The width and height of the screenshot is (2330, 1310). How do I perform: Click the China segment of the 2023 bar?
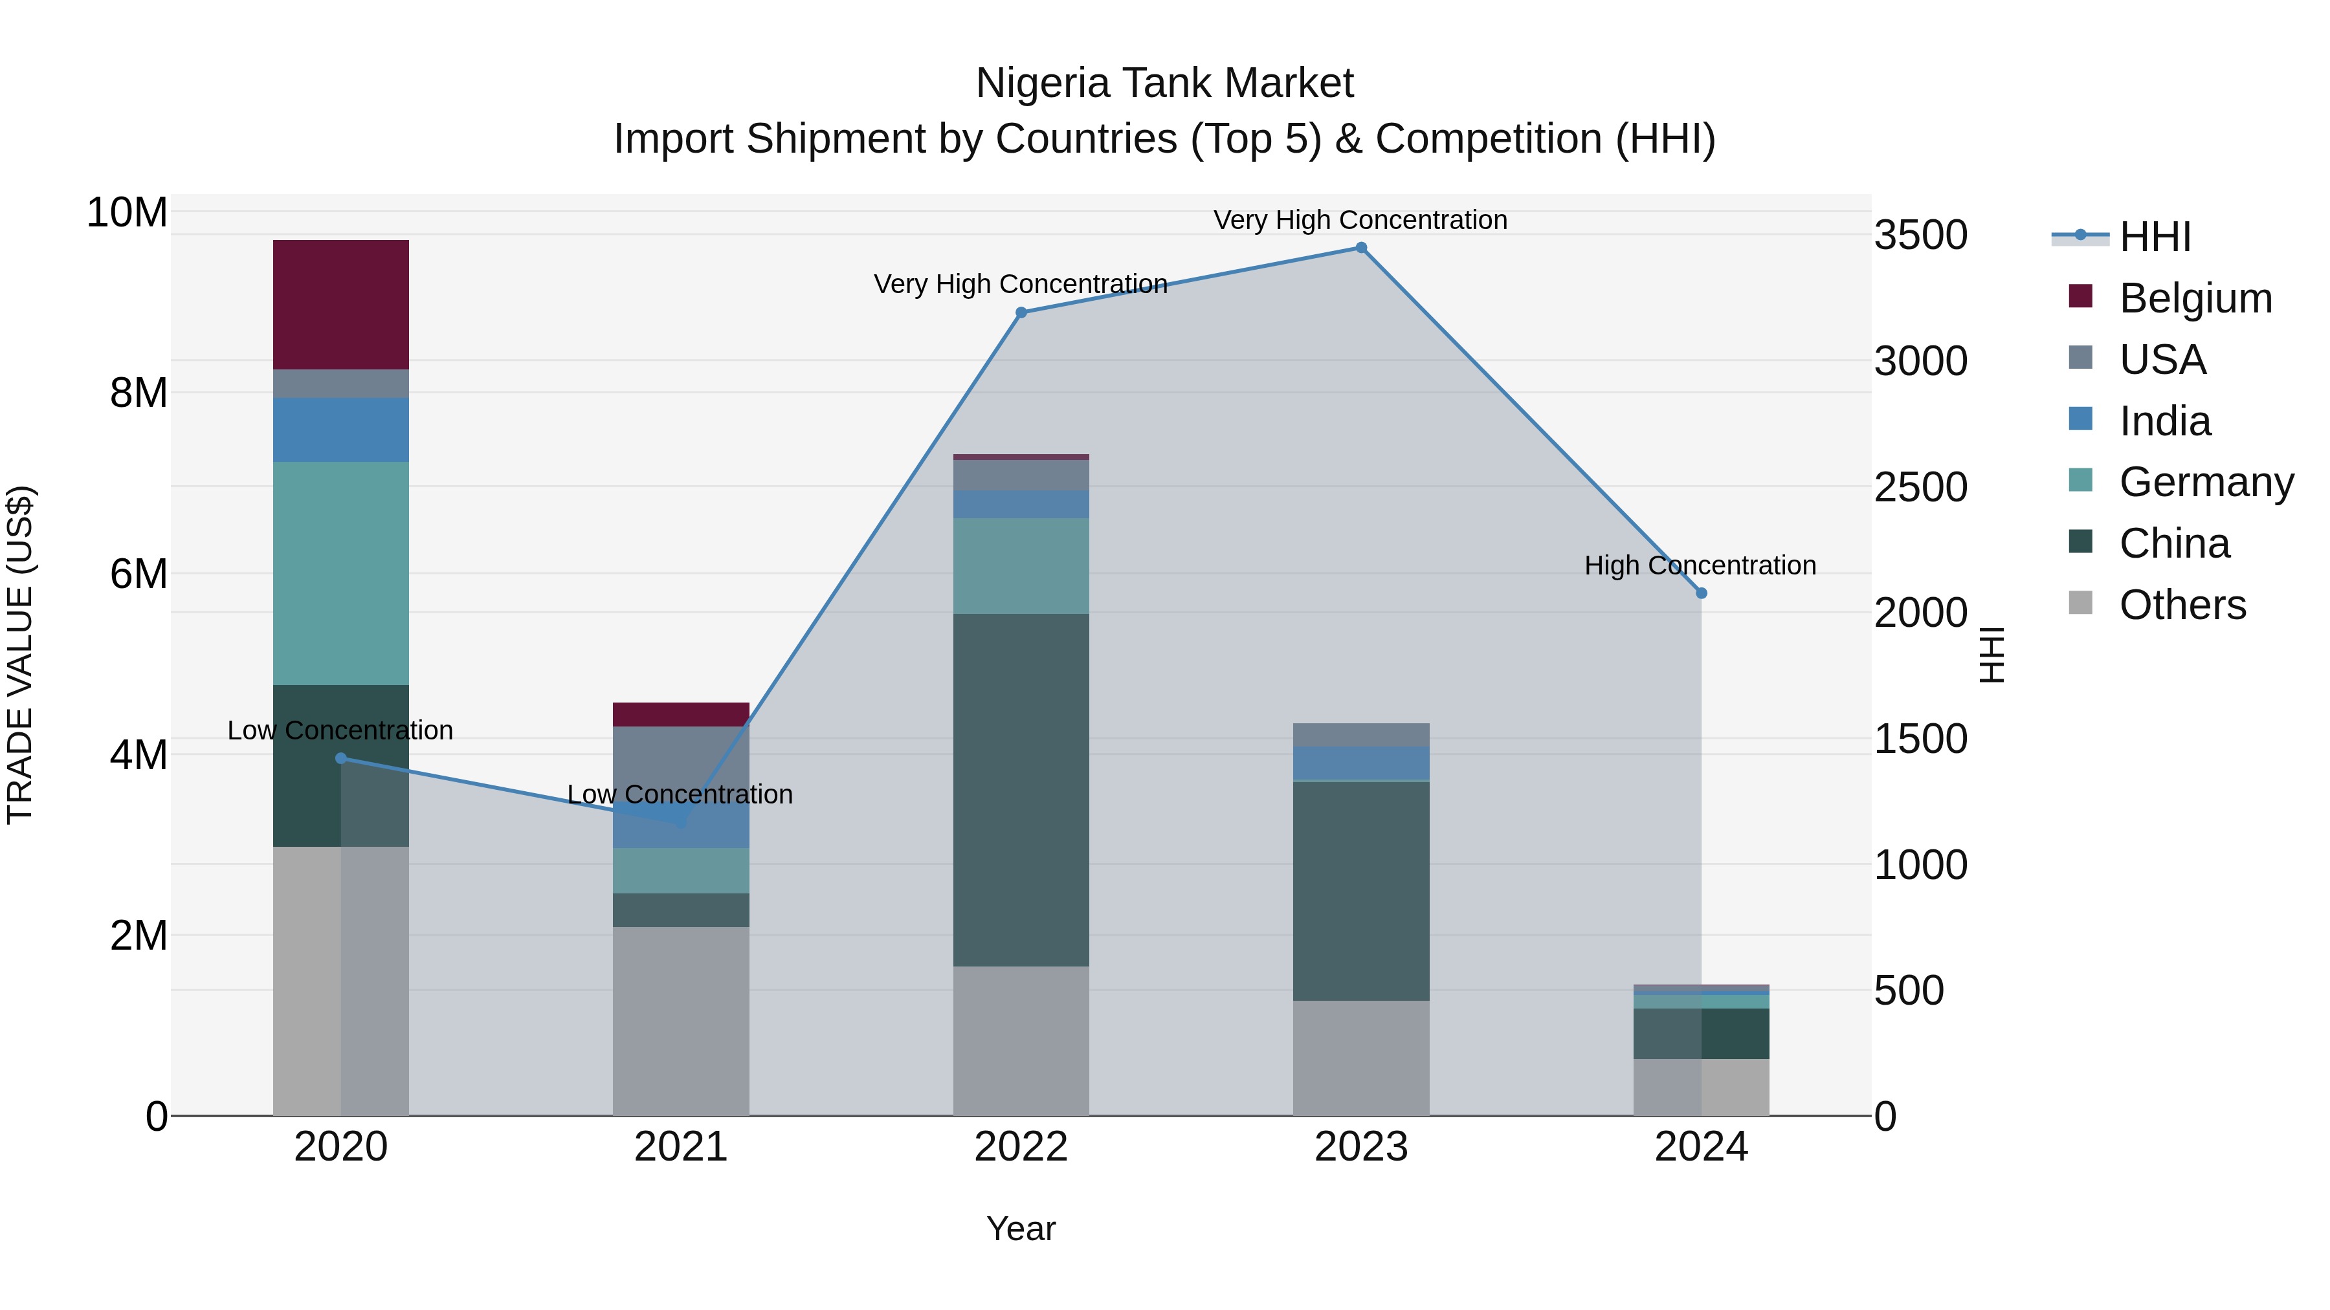pos(1360,891)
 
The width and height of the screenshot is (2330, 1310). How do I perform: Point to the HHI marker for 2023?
pos(1360,248)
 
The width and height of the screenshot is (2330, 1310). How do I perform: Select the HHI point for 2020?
pos(341,759)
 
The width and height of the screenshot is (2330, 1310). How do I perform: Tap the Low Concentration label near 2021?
pos(680,794)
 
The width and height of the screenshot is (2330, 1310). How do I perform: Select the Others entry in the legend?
pos(2182,605)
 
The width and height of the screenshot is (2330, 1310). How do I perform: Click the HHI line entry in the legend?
pos(2155,237)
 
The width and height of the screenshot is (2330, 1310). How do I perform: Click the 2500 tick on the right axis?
pos(1920,487)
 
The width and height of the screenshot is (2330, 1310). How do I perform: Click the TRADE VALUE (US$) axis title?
pos(20,655)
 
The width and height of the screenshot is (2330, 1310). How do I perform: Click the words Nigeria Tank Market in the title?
pos(1164,83)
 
